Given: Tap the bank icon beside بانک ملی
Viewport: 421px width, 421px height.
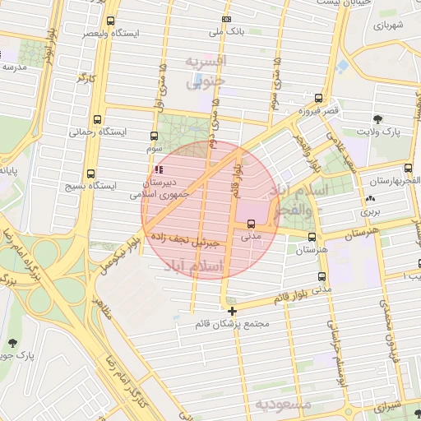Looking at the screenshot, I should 226,20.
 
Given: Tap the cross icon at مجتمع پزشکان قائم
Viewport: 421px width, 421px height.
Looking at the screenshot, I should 233,311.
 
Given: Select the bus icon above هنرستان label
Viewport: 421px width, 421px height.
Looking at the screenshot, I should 310,236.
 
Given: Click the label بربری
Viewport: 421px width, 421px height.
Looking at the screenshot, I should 371,211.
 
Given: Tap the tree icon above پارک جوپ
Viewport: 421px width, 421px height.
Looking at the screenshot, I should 12,343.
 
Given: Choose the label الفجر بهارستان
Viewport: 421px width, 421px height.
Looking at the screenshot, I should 395,180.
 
